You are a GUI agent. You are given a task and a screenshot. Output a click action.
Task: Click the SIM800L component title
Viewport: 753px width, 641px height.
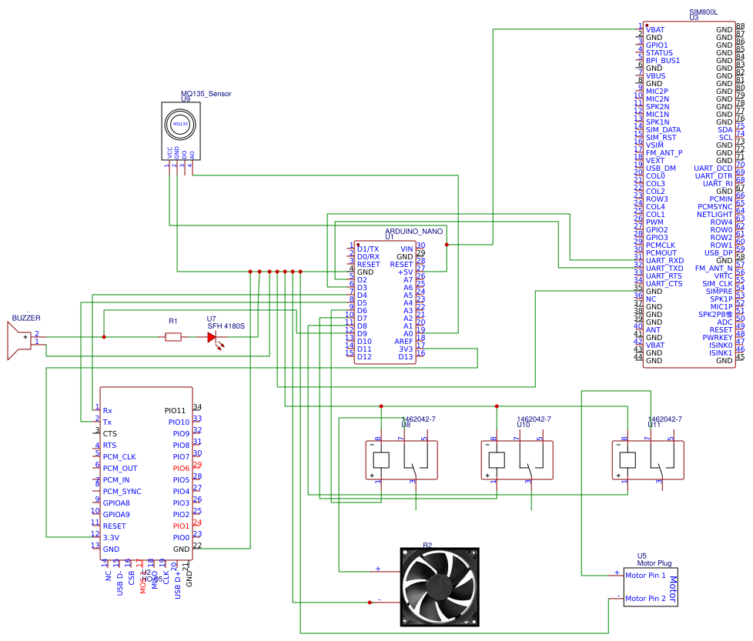tap(703, 13)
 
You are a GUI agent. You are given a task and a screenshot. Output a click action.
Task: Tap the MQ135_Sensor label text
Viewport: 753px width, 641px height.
tap(206, 94)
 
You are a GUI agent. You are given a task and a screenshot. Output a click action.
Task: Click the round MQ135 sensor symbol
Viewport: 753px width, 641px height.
tap(180, 123)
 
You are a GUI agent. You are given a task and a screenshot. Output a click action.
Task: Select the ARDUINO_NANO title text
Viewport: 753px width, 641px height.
tap(413, 231)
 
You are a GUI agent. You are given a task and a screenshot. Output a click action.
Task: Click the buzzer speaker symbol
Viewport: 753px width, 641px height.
tap(18, 341)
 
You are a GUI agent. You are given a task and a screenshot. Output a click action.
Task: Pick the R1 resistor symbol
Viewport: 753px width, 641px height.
tap(173, 336)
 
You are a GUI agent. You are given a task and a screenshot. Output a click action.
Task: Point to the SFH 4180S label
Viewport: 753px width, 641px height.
tap(226, 326)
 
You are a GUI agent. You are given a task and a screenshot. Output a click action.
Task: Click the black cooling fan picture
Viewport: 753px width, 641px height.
tap(440, 586)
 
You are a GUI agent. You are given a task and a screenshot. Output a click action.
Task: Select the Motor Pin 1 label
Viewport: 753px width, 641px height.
tap(645, 575)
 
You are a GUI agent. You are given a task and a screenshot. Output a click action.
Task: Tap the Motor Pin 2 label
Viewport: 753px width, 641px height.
tap(645, 598)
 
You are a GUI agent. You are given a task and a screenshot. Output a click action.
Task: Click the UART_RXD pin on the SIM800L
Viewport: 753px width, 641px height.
tap(664, 260)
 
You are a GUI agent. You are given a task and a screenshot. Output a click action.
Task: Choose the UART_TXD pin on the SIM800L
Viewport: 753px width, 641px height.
tap(664, 268)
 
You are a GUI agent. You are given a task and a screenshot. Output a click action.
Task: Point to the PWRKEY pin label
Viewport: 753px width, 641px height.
tap(717, 337)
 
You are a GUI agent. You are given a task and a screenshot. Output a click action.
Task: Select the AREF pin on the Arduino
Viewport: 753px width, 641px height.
tap(404, 341)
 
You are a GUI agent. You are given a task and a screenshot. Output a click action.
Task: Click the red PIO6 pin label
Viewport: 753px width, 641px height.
tap(180, 468)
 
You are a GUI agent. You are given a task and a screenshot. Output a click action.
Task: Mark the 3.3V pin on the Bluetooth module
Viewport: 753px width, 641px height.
tap(111, 537)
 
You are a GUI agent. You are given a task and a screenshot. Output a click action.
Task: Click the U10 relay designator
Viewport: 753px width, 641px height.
tap(523, 424)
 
